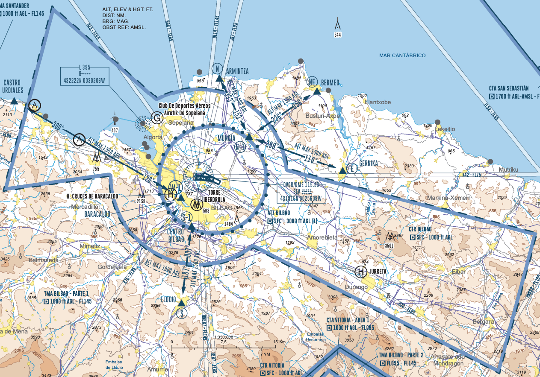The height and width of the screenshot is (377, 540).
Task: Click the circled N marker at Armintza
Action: (x=217, y=69)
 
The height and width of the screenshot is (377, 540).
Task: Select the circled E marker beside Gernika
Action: (x=351, y=168)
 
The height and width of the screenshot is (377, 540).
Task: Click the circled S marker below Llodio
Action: (x=183, y=313)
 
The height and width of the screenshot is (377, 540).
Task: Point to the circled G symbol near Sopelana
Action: (x=157, y=118)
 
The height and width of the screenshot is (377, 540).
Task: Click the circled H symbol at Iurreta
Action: (x=361, y=271)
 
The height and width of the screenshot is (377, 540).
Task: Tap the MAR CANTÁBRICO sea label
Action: (x=402, y=56)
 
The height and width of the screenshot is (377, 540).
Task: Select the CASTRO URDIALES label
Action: (x=13, y=87)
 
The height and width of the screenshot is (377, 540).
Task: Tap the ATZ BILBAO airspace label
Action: (x=278, y=213)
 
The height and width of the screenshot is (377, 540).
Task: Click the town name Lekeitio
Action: (x=445, y=129)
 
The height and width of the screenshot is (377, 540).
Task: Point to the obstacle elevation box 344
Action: (x=338, y=35)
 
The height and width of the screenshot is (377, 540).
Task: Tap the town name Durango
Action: (x=356, y=287)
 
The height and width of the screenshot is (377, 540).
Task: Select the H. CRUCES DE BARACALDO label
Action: (x=92, y=196)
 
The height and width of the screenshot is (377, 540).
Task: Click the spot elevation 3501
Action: (x=389, y=245)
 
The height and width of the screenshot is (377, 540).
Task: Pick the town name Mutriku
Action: (x=508, y=170)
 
